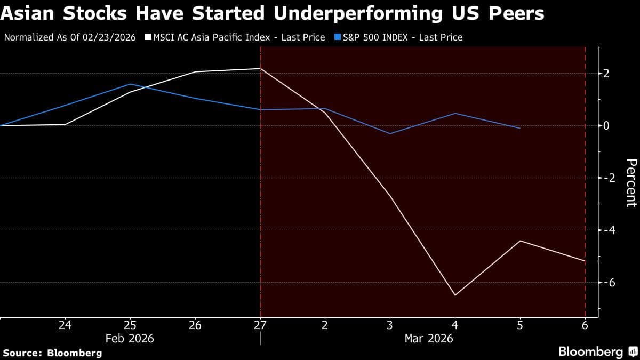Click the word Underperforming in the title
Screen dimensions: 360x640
[x=358, y=12]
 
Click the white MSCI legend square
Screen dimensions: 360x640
[x=148, y=37]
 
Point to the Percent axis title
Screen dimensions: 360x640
[x=631, y=182]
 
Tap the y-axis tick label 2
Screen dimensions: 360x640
[x=606, y=74]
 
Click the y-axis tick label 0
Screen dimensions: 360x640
[x=606, y=126]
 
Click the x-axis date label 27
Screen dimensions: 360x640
[x=260, y=325]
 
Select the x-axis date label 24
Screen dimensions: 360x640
[x=65, y=325]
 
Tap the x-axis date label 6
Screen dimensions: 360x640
[x=586, y=325]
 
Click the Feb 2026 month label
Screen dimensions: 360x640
[x=130, y=338]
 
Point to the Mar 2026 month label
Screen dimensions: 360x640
[x=429, y=338]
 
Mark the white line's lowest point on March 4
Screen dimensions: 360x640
[x=455, y=295]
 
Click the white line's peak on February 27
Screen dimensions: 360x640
[x=260, y=69]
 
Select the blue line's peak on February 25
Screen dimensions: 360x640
[x=130, y=84]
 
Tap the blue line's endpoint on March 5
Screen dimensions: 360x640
[x=520, y=128]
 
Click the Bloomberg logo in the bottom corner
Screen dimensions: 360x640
[x=598, y=351]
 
